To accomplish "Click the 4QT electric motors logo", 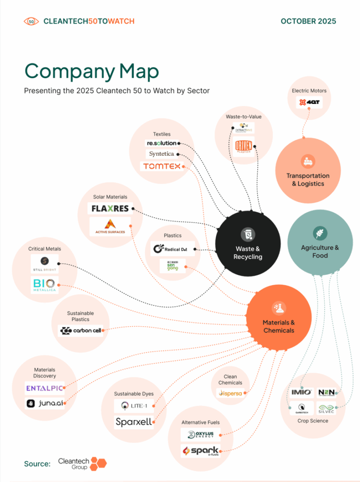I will (309, 102).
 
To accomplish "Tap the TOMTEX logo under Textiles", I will (161, 167).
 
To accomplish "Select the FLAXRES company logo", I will (111, 209).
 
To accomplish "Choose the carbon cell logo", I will (81, 331).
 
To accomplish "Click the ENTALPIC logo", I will (44, 388).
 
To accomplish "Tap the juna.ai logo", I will (44, 403).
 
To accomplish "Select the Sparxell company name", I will (134, 422).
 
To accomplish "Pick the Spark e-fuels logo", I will (200, 451).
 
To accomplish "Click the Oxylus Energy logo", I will (200, 434).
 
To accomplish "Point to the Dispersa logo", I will (231, 393).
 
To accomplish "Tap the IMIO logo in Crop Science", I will (301, 392).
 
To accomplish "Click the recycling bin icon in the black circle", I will (248, 234).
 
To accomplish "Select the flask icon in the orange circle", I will (279, 308).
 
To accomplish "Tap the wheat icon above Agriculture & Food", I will (320, 233).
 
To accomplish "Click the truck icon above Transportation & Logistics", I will (308, 161).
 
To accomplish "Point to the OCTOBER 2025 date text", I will (308, 21).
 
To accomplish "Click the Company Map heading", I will (91, 71).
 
